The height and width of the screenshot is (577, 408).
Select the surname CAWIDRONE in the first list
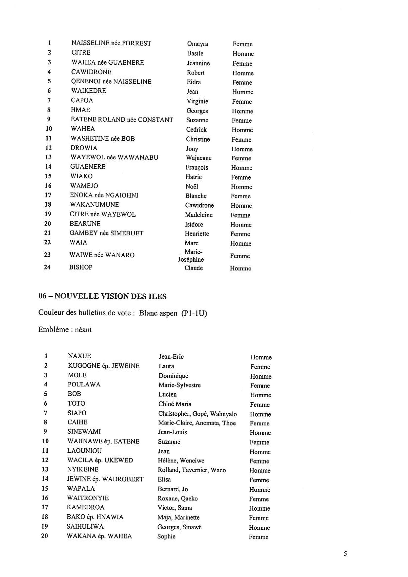91,72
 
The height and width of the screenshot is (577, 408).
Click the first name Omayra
197,44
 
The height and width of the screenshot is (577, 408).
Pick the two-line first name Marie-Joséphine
191,255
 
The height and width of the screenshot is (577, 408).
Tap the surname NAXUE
79,356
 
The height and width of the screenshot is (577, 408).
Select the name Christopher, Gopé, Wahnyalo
197,413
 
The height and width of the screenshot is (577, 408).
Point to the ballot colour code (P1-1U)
194,313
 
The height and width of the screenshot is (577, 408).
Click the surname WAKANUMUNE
94,205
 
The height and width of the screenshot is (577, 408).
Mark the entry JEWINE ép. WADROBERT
105,479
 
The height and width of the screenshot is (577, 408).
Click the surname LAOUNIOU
84,451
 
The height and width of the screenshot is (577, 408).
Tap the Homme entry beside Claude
240,268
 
